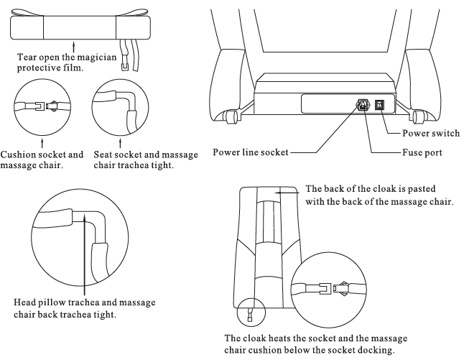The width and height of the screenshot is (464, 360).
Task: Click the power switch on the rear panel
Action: (379, 104)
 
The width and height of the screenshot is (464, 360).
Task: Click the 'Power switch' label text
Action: (431, 133)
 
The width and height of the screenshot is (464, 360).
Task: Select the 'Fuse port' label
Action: (422, 153)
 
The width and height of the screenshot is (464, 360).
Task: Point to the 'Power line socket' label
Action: (251, 152)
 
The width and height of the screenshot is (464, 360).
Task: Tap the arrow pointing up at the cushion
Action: (74, 47)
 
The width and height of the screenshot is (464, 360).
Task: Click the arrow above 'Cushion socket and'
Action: (42, 142)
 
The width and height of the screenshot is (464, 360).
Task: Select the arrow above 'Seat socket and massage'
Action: (120, 142)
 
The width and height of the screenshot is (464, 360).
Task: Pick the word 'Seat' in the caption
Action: (102, 154)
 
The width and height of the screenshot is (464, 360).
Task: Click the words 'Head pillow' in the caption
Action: (40, 303)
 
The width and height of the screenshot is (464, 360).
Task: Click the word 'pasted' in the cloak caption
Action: (421, 189)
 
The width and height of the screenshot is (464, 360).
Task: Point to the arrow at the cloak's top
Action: (287, 193)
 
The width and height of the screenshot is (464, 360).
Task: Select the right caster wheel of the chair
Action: (417, 116)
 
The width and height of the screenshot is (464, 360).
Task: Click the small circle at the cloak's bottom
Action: (251, 312)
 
